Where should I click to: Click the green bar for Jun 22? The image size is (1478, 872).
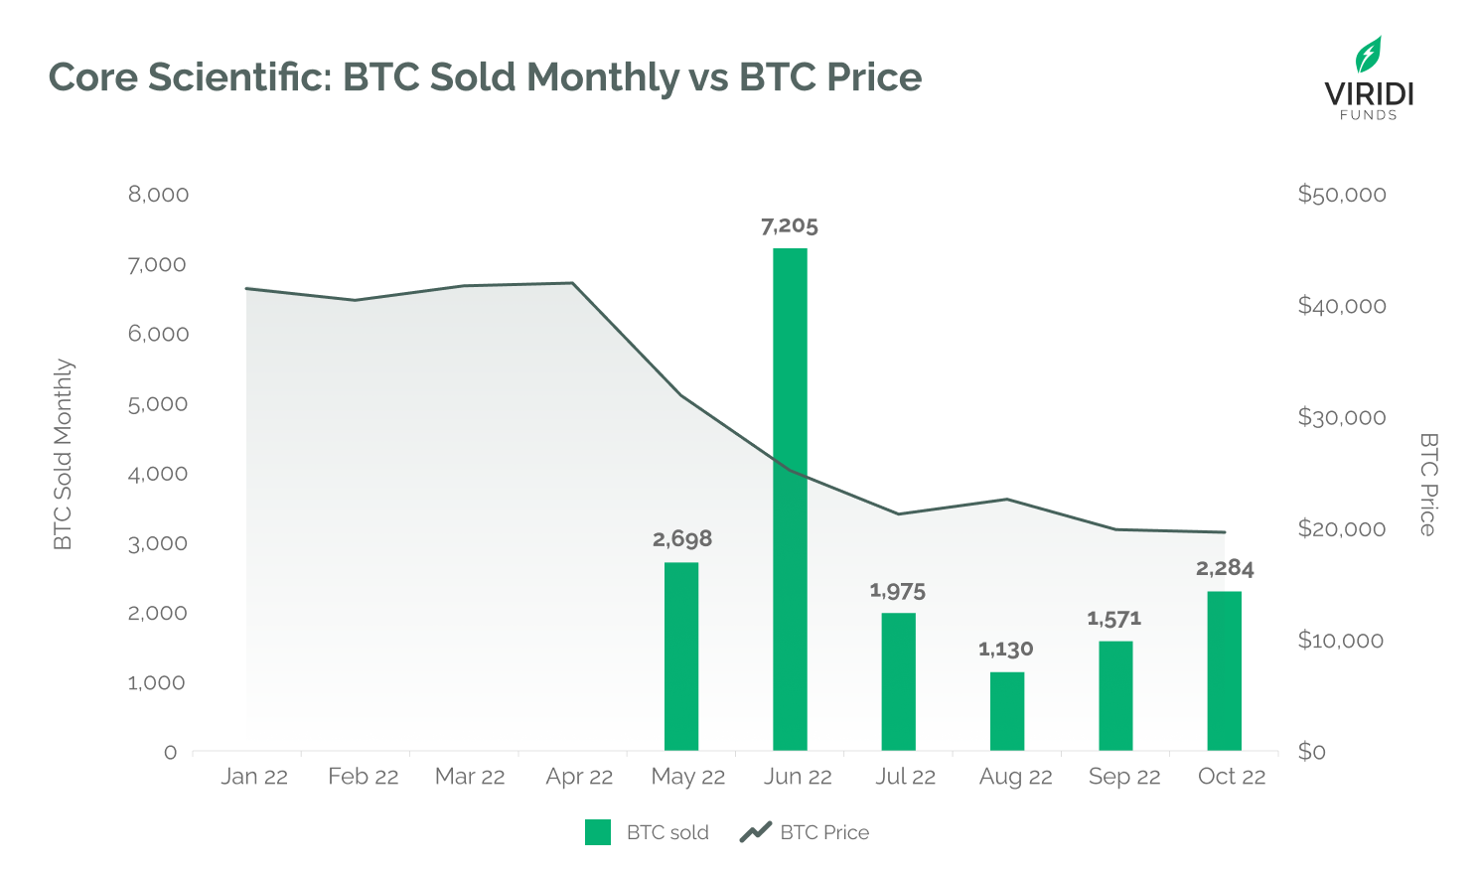[x=790, y=499]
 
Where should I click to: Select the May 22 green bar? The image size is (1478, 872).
[x=681, y=655]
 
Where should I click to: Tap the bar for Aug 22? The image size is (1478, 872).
[x=1007, y=711]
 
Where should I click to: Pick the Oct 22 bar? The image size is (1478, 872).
[x=1224, y=670]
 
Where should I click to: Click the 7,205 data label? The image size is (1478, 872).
[x=790, y=226]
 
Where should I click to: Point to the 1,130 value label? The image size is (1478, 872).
[x=1006, y=650]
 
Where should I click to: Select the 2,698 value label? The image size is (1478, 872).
[x=682, y=539]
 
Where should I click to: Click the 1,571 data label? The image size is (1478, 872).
[x=1114, y=619]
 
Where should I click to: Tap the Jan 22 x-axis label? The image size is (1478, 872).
[x=254, y=777]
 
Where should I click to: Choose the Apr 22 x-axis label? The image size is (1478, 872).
[x=579, y=777]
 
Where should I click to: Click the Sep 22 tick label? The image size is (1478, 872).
[x=1124, y=777]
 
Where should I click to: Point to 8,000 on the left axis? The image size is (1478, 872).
[x=158, y=195]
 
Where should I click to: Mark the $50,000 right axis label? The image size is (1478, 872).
[x=1342, y=195]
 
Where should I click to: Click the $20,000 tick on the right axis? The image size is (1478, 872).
[x=1342, y=528]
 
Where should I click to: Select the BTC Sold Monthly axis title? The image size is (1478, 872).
[x=63, y=454]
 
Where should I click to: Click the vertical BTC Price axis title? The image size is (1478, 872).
[x=1428, y=484]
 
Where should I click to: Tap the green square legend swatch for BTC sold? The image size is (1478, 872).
[x=598, y=832]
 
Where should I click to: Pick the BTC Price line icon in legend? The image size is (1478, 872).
[x=756, y=831]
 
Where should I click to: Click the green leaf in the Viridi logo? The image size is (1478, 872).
[x=1369, y=55]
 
